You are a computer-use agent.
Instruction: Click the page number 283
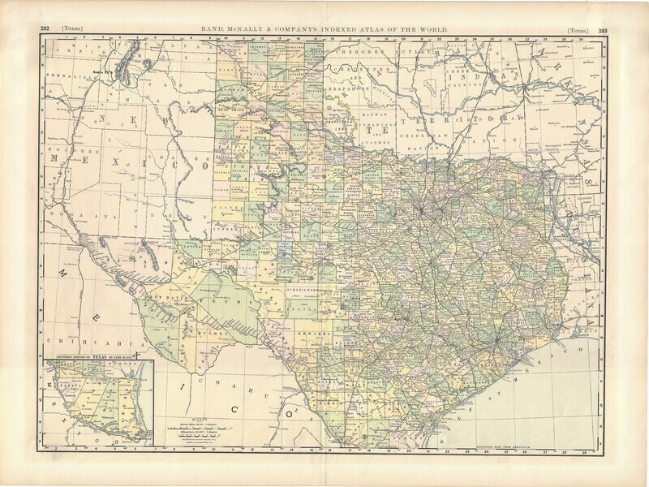tap(603, 29)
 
